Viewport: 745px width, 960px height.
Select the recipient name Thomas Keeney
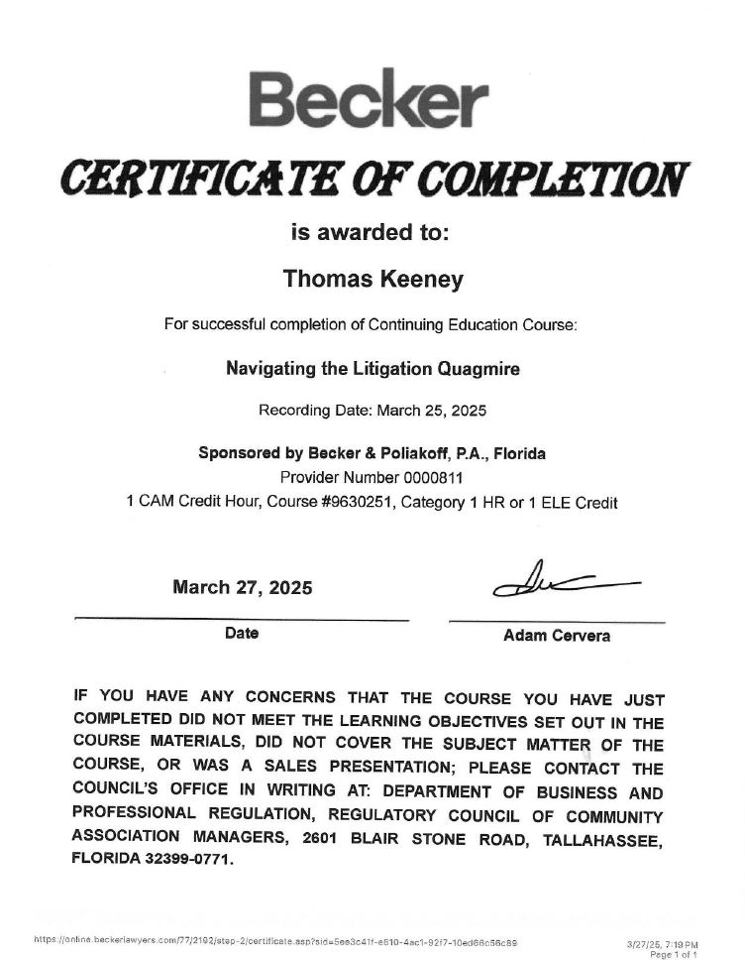click(x=372, y=280)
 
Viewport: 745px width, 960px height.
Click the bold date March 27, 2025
click(x=243, y=587)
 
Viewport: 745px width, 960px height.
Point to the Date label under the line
click(x=242, y=633)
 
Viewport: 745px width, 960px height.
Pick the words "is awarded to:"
click(x=372, y=233)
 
